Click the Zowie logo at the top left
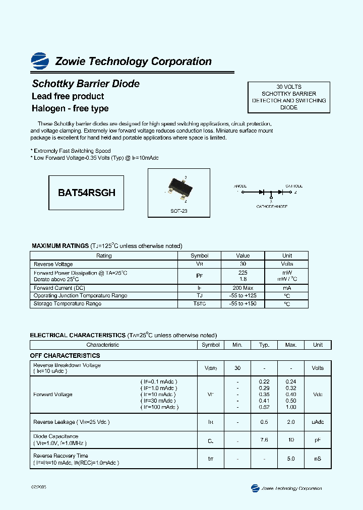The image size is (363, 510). click(x=40, y=60)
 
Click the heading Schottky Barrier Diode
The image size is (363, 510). click(x=86, y=84)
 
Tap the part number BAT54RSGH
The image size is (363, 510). click(x=87, y=193)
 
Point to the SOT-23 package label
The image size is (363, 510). click(x=179, y=211)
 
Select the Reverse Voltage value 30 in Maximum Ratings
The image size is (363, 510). click(x=243, y=264)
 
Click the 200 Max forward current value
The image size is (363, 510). click(x=243, y=288)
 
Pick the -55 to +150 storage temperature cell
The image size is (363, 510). click(x=243, y=304)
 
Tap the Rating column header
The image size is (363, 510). click(x=104, y=256)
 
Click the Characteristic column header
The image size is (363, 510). click(x=103, y=345)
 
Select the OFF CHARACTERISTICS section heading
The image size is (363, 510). click(x=65, y=356)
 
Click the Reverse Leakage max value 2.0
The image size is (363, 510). click(x=291, y=422)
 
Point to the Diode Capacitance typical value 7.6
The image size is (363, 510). click(x=264, y=440)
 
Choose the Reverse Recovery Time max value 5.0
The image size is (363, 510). click(x=291, y=459)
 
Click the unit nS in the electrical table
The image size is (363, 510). click(x=318, y=459)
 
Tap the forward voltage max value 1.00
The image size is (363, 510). click(x=291, y=407)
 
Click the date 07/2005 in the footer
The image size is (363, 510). click(x=39, y=488)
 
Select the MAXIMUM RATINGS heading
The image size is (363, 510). click(x=60, y=246)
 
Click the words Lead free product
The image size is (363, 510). click(x=68, y=96)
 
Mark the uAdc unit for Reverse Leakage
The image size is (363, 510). click(x=318, y=422)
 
